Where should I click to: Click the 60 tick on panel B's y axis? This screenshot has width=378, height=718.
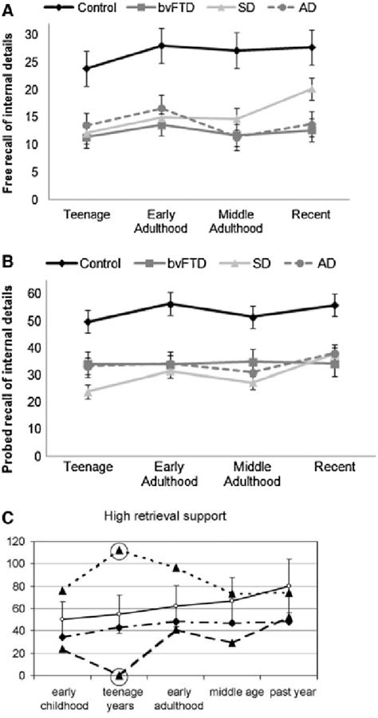33,294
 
